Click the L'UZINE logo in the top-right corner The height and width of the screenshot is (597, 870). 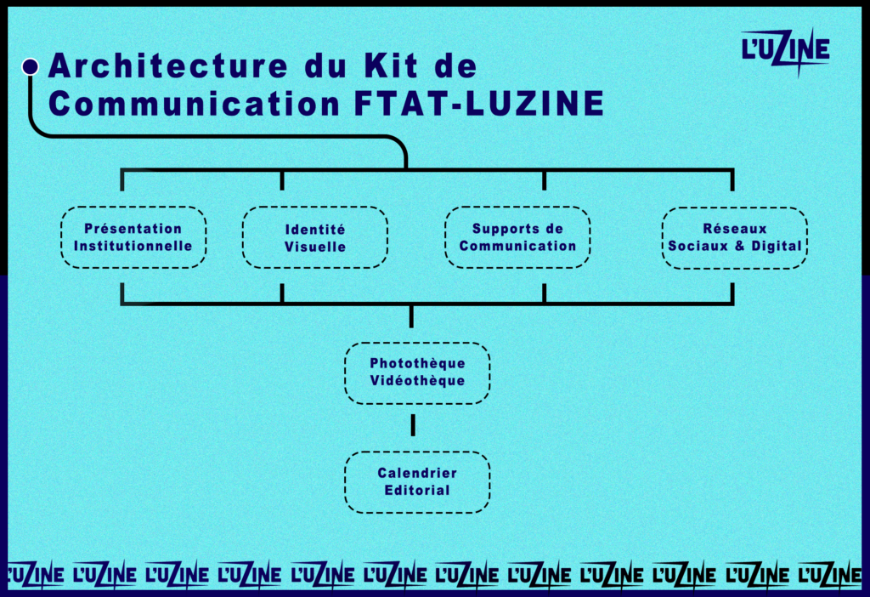[x=785, y=51]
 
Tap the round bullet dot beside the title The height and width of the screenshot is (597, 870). [x=31, y=66]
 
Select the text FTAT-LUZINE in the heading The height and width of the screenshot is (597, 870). [x=479, y=103]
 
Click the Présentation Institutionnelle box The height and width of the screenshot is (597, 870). [x=133, y=237]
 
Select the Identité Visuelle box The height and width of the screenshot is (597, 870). [x=315, y=237]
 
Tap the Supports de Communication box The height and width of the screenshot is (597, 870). [x=517, y=237]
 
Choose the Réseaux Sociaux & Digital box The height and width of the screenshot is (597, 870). [x=735, y=237]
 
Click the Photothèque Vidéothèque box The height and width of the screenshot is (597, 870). [x=417, y=372]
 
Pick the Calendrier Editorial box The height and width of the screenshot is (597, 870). [x=417, y=482]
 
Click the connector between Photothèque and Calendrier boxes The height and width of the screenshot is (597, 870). [x=414, y=425]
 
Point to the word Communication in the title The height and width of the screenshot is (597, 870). [x=195, y=103]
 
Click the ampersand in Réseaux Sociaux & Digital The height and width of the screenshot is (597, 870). [x=740, y=246]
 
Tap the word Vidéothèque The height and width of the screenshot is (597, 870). [x=417, y=380]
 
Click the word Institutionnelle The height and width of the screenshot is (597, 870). [x=133, y=246]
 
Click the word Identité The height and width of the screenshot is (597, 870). [x=315, y=230]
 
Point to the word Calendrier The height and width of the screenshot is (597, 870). [x=417, y=473]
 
